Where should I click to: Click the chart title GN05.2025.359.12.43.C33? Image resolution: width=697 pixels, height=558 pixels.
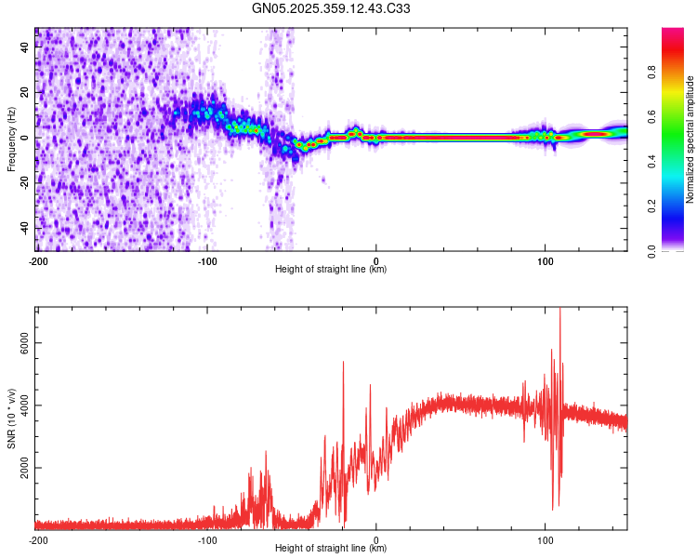coord(332,9)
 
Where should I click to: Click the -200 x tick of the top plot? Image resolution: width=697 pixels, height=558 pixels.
coord(38,259)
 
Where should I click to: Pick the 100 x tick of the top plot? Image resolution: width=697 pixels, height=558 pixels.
coord(546,259)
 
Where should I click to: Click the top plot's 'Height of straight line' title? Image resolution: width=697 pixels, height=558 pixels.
coord(331,270)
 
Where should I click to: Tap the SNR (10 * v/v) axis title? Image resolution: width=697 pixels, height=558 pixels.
coord(11,418)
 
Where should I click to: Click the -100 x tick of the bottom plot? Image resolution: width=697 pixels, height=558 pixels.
coord(207,538)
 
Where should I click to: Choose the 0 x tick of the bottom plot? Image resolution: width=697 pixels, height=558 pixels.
coord(376,538)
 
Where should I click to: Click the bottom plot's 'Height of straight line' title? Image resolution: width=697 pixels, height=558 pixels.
coord(331,549)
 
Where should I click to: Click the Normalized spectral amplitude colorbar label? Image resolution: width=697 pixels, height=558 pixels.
coord(690,139)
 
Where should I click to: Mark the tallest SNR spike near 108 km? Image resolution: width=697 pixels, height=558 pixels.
coord(559,310)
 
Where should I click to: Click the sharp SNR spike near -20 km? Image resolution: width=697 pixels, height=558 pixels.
coord(343,363)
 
